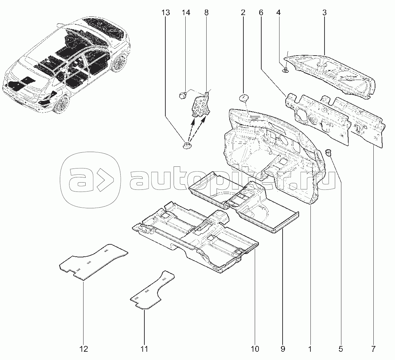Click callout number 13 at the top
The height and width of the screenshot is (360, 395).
click(166, 12)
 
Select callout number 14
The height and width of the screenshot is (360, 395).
click(186, 12)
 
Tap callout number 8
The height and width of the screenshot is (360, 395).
click(206, 12)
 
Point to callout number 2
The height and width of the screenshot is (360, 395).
click(243, 12)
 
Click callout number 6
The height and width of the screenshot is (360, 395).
click(261, 12)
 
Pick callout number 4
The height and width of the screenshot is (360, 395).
click(278, 12)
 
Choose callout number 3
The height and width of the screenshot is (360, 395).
click(325, 12)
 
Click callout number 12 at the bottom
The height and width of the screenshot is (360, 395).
click(84, 349)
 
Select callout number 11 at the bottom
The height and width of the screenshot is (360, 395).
click(144, 349)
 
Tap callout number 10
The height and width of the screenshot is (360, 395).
click(255, 349)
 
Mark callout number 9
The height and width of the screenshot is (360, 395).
click(282, 349)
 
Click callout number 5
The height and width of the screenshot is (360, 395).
click(341, 349)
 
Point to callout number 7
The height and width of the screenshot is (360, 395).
click(373, 349)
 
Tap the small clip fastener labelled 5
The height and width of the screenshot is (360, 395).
click(328, 152)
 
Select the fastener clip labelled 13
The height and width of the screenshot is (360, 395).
click(187, 145)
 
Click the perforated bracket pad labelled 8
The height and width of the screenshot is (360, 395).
click(201, 105)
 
